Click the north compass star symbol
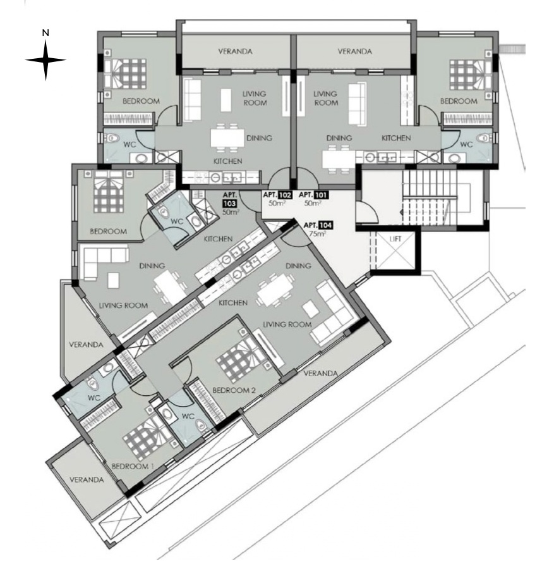45,60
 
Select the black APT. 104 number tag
325,225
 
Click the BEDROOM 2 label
234,390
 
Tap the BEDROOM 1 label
133,466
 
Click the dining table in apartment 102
227,138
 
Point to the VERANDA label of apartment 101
354,51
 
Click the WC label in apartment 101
466,145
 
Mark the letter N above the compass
45,32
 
